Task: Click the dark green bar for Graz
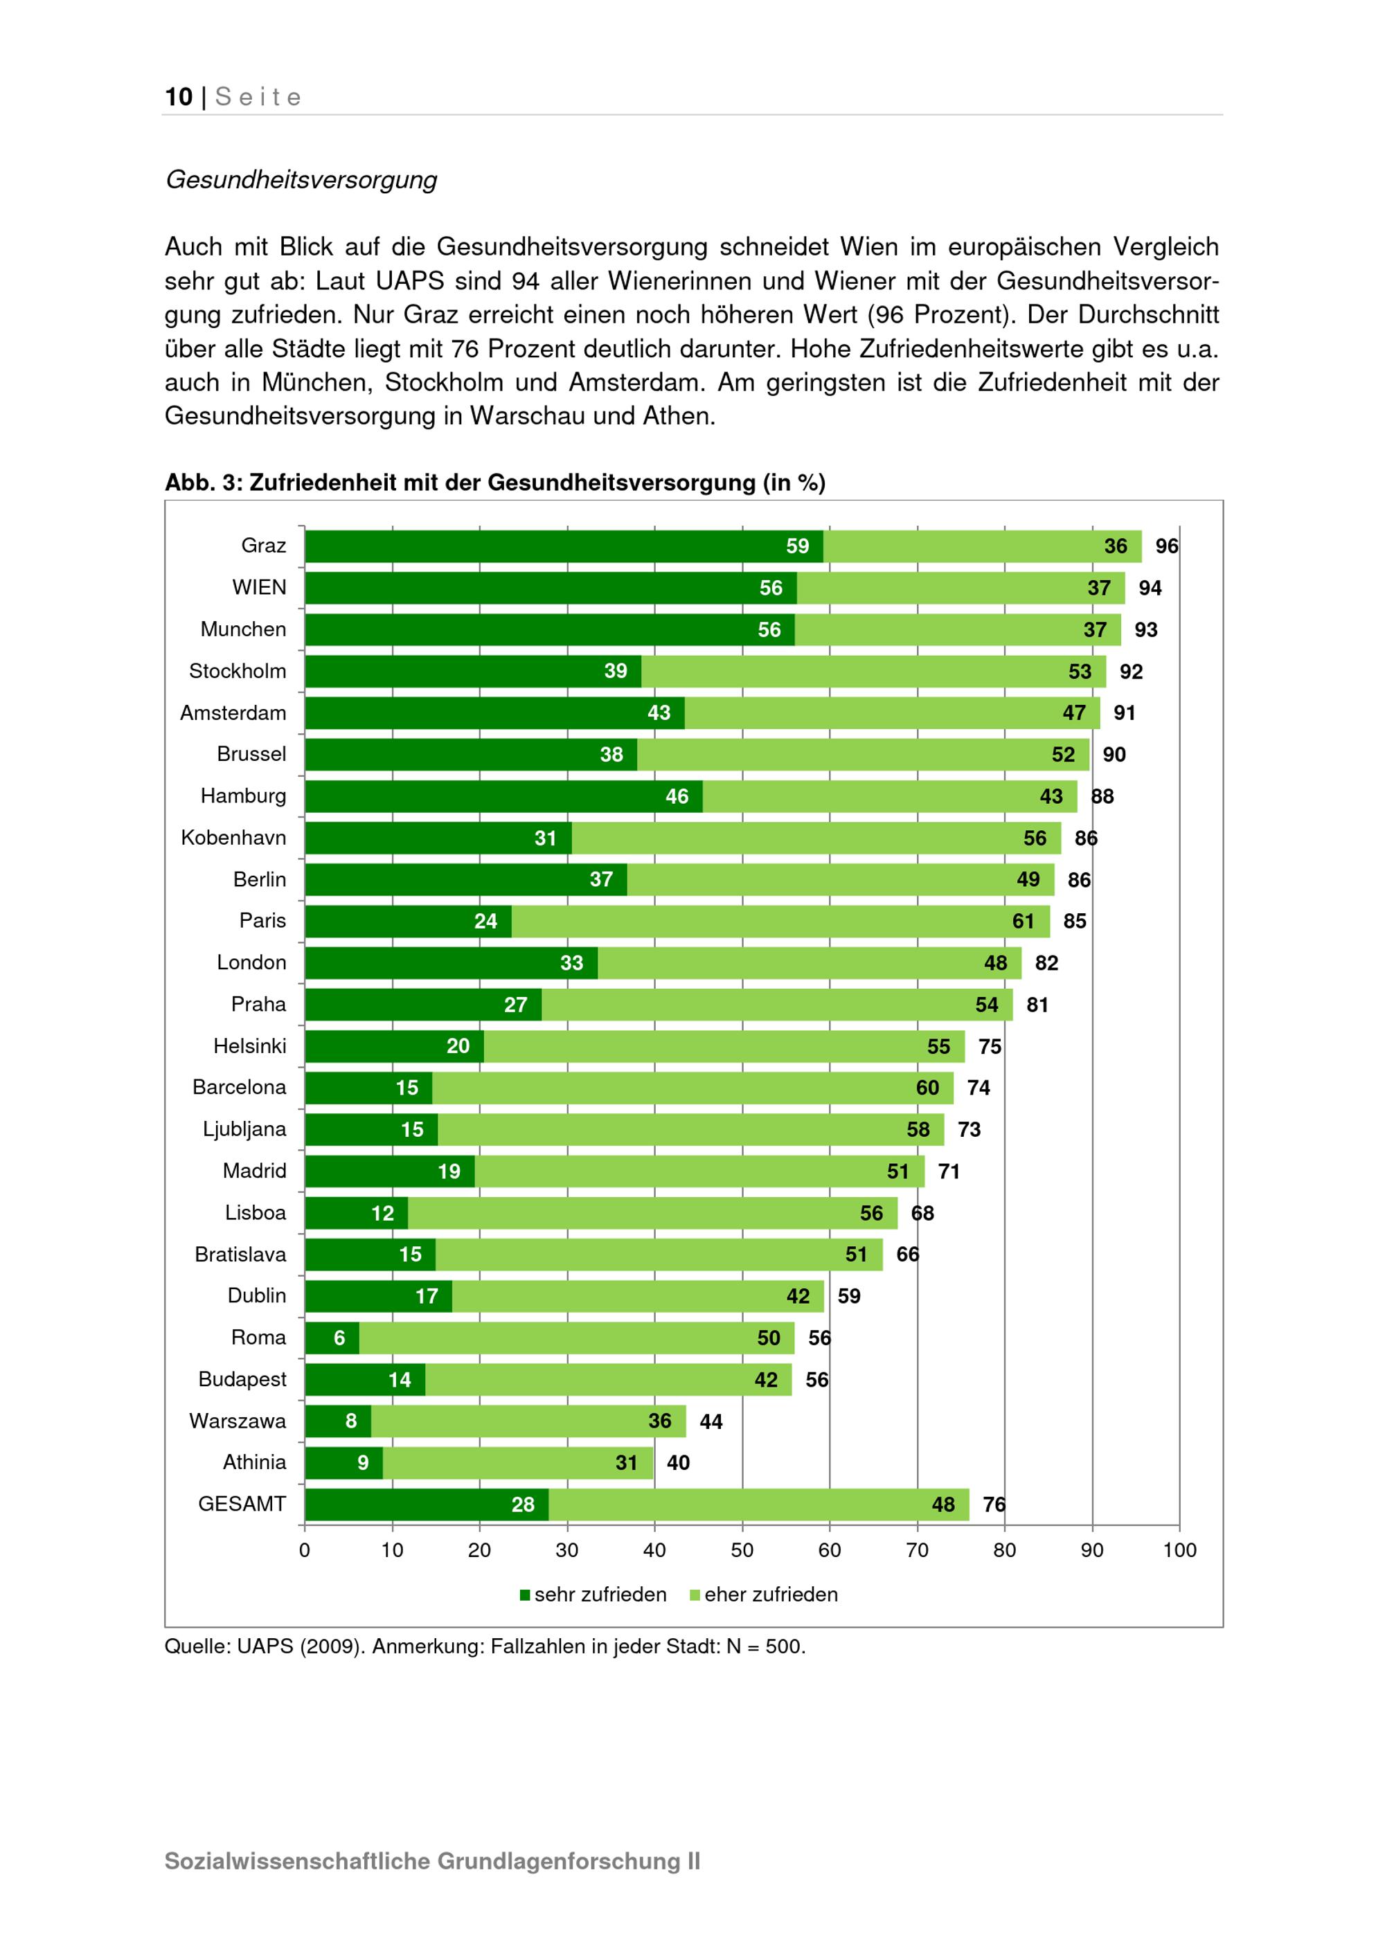pyautogui.click(x=563, y=547)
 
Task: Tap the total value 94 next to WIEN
pyautogui.click(x=1150, y=589)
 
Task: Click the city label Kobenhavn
pyautogui.click(x=233, y=838)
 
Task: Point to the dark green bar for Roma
pyautogui.click(x=332, y=1338)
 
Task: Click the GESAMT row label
pyautogui.click(x=242, y=1505)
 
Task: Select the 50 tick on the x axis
pyautogui.click(x=742, y=1550)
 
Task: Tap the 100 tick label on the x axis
pyautogui.click(x=1179, y=1550)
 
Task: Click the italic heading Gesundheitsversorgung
pyautogui.click(x=301, y=180)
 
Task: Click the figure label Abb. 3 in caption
pyautogui.click(x=202, y=483)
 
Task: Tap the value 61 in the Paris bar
pyautogui.click(x=1023, y=921)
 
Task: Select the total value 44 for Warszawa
pyautogui.click(x=711, y=1421)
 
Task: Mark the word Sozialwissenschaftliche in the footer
pyautogui.click(x=297, y=1861)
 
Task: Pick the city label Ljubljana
pyautogui.click(x=244, y=1129)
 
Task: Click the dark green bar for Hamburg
pyautogui.click(x=503, y=796)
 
